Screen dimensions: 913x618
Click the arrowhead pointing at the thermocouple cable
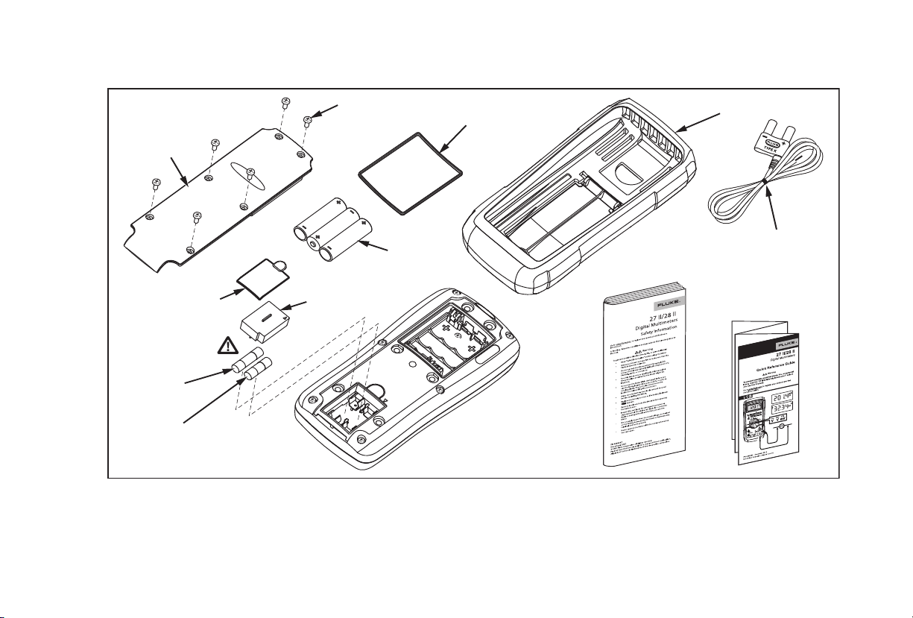click(x=768, y=186)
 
